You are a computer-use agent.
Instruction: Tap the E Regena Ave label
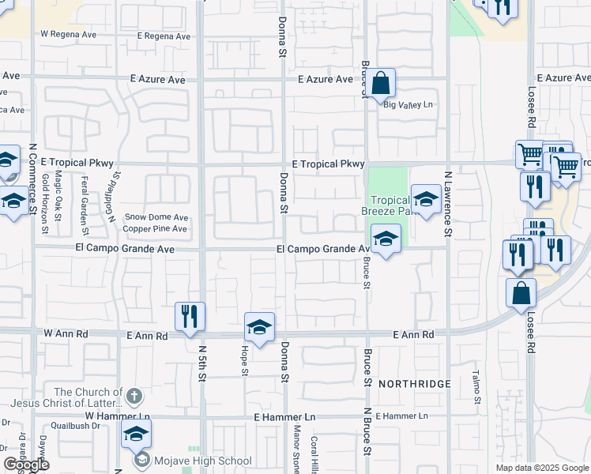coord(164,36)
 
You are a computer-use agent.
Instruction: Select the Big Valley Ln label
coord(408,104)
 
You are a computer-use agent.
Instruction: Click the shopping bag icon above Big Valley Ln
coord(380,83)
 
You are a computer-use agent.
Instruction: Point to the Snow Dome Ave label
coord(157,217)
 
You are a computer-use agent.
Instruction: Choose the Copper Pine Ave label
coord(156,229)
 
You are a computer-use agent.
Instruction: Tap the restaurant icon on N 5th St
coord(190,317)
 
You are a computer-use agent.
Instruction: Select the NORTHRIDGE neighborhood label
coord(414,384)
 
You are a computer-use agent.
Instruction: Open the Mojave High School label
coord(203,461)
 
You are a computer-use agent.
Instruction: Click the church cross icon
coord(135,395)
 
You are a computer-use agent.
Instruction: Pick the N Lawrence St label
coord(447,205)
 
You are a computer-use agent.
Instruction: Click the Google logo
coord(26,465)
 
